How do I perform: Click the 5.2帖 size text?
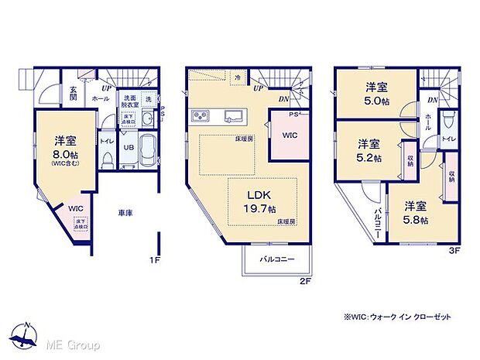tap(369, 158)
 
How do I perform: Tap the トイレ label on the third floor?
tap(448, 139)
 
